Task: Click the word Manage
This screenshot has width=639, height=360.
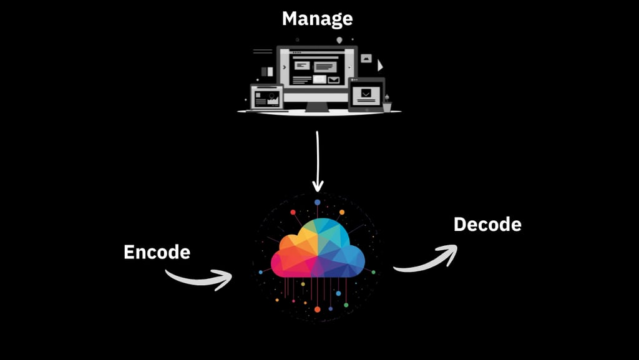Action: coord(317,18)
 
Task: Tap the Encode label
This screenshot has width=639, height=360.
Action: coord(157,252)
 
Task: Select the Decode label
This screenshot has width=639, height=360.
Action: coord(487,224)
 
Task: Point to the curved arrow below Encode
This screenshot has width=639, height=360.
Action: coord(199,278)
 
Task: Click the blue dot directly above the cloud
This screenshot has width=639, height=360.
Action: coord(318,202)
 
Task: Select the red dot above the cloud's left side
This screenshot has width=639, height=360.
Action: coord(293,212)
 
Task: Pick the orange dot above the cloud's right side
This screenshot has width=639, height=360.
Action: coord(342,212)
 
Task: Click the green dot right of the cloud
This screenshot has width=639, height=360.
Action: coord(373,272)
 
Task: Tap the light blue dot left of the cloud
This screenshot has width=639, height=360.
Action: coord(261,272)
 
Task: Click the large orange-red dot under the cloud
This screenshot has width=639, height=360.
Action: coord(318,309)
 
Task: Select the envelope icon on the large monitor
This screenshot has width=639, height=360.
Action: coord(334,79)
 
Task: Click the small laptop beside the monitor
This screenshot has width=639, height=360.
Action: coord(266,98)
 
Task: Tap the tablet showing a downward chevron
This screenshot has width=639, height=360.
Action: coord(366,95)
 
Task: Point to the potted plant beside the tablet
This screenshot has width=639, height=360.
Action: coord(388,104)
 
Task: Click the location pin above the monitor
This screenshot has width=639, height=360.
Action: coord(339,40)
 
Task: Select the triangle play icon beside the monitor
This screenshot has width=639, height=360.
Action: coord(380,65)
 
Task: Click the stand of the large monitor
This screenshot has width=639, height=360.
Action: coord(317,106)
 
